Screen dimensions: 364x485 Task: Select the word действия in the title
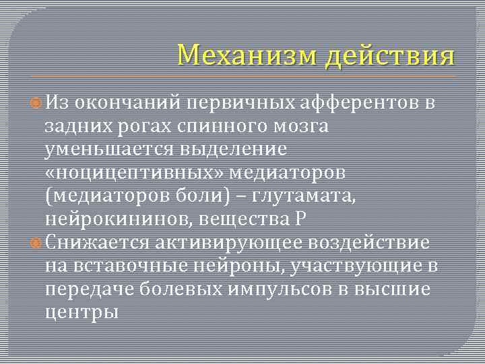[390, 56]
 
